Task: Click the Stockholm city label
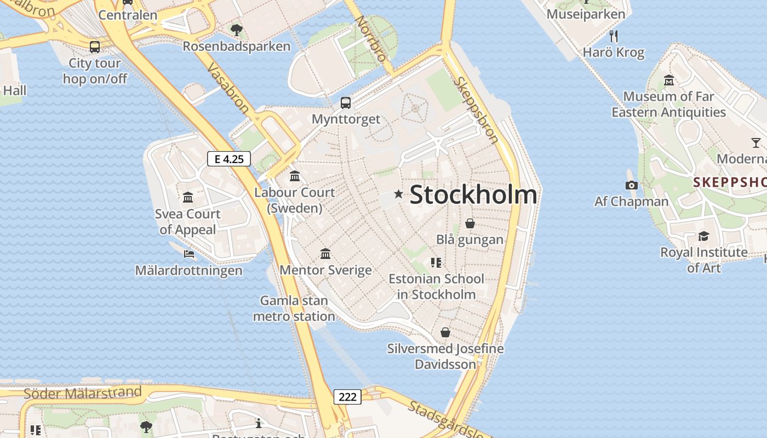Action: click(473, 194)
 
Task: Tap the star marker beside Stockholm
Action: click(398, 194)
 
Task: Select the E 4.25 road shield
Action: click(229, 159)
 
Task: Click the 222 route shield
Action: click(347, 397)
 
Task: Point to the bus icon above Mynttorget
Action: click(346, 102)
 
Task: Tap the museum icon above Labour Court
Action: click(295, 176)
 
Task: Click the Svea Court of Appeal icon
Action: click(188, 197)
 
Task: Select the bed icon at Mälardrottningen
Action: click(189, 253)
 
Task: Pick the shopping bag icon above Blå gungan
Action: click(470, 223)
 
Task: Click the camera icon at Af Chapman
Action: click(631, 186)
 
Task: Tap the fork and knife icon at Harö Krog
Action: click(614, 36)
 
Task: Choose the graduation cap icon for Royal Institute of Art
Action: click(703, 236)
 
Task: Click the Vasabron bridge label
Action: click(228, 88)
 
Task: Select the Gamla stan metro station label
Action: click(294, 308)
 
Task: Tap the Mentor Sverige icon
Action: click(325, 253)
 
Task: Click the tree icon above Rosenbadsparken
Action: click(236, 30)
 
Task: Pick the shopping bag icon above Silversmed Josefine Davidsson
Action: click(445, 332)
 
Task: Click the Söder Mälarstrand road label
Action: click(82, 392)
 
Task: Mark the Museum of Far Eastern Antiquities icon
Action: click(668, 80)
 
